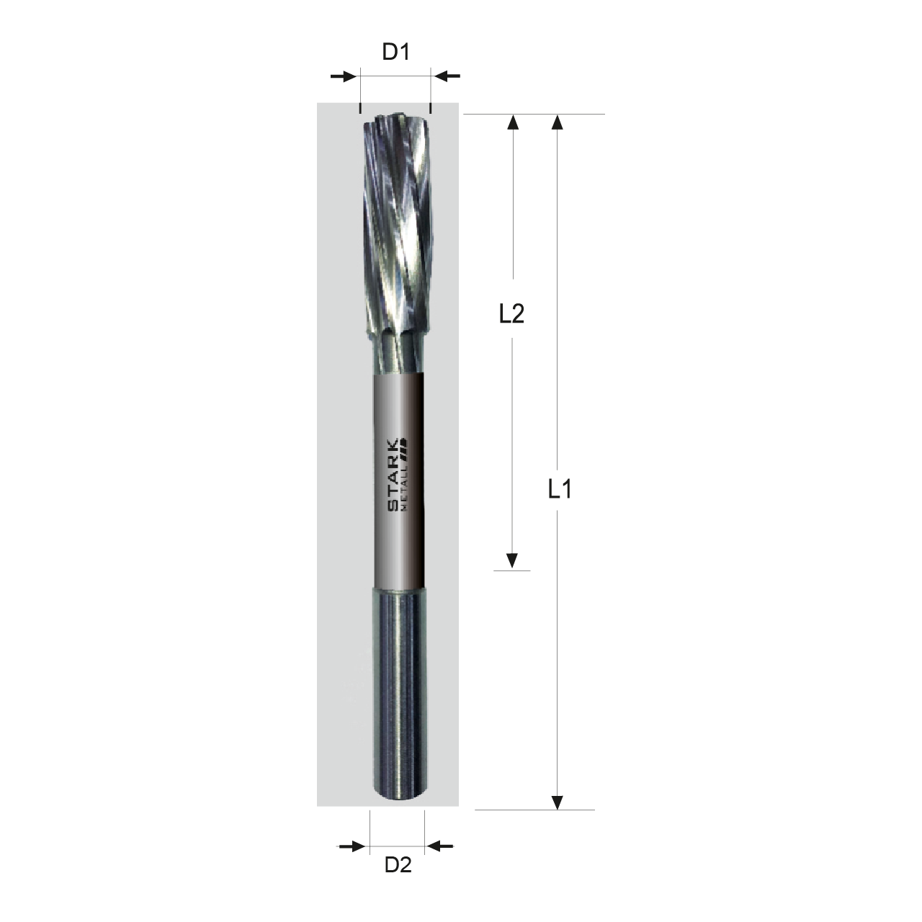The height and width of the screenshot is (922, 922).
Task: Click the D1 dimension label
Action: [396, 52]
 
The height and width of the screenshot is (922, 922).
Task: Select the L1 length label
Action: [560, 489]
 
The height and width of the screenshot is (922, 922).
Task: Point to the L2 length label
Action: [511, 314]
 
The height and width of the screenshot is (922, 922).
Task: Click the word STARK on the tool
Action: [393, 475]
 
